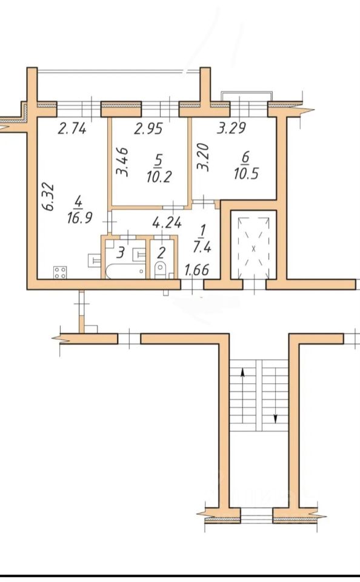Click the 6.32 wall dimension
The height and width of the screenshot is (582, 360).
[49, 196]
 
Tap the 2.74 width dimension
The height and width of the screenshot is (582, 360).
[72, 129]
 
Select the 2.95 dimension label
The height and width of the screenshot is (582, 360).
[148, 129]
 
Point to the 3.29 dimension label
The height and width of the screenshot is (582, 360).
[232, 129]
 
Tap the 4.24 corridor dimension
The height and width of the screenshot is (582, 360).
[167, 223]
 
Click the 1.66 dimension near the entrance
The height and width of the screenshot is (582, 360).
[197, 270]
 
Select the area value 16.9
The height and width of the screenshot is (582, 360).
[79, 218]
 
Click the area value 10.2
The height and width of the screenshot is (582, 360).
[159, 177]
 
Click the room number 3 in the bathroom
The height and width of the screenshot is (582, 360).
[120, 254]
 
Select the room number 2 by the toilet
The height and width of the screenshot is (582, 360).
[161, 254]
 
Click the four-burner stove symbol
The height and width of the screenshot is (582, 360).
[60, 272]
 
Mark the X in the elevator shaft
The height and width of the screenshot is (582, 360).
[254, 249]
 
